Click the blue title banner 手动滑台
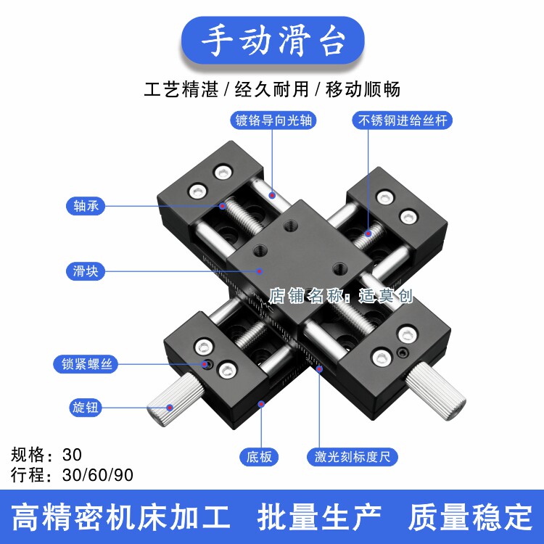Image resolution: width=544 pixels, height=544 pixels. pyautogui.click(x=272, y=41)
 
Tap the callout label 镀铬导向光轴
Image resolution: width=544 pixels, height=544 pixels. pyautogui.click(x=272, y=120)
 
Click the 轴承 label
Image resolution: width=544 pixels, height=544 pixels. pyautogui.click(x=86, y=206)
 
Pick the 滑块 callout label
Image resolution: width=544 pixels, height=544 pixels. pyautogui.click(x=86, y=271)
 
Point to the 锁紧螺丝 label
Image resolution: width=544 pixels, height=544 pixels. pyautogui.click(x=86, y=364)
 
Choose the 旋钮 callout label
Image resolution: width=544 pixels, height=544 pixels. pyautogui.click(x=86, y=408)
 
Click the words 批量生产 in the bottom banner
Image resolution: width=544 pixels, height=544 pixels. pyautogui.click(x=319, y=518)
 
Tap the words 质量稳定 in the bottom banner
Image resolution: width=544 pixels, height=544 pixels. pyautogui.click(x=470, y=518)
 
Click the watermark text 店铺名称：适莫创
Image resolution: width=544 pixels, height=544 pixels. pyautogui.click(x=341, y=295)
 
